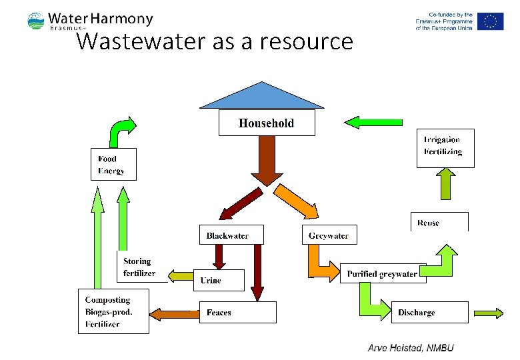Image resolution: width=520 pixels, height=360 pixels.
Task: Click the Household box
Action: [267, 123]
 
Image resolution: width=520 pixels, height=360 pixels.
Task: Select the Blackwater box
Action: [231, 235]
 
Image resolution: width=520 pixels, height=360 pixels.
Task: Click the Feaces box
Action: [237, 312]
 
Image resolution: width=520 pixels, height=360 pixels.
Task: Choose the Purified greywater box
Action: [383, 273]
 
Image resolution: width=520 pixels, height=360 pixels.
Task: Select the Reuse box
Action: [439, 222]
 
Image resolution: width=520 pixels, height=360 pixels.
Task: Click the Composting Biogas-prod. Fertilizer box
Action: [113, 311]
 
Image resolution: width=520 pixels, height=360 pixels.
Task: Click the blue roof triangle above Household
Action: [262, 97]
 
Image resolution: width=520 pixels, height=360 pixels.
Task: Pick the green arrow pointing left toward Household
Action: [373, 121]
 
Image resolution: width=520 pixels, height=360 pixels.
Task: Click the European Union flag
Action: [491, 21]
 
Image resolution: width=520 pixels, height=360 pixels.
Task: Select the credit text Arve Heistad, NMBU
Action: [410, 347]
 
